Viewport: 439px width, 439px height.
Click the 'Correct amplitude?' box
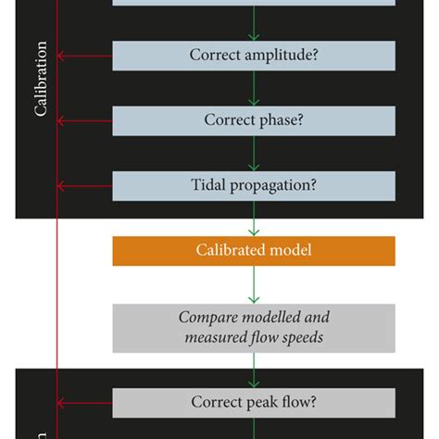[x=253, y=56]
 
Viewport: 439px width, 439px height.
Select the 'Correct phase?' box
[x=253, y=120]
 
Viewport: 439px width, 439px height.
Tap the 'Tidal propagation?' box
[x=253, y=185]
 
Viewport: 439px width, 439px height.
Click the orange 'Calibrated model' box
[x=253, y=251]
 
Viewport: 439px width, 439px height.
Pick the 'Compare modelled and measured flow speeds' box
[x=253, y=328]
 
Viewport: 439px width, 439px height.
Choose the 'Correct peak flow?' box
[x=253, y=403]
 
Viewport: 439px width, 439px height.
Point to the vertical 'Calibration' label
[x=41, y=79]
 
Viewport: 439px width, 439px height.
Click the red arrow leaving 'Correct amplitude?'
[x=84, y=56]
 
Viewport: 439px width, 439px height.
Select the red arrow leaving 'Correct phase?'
[x=84, y=120]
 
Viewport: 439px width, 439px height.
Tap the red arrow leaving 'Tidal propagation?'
[x=84, y=185]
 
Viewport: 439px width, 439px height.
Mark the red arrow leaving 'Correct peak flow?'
[x=84, y=403]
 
